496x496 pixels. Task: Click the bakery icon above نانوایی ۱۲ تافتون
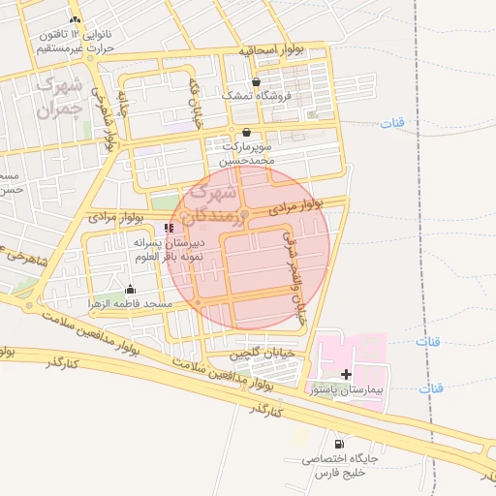[76, 20]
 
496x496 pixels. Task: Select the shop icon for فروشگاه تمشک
[256, 82]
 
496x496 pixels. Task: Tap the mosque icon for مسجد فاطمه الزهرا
[131, 290]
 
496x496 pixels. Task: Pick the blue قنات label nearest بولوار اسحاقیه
[392, 123]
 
